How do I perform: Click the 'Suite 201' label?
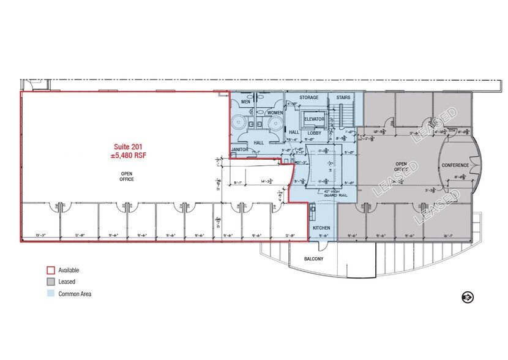tap(130, 146)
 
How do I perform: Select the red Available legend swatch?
tap(51, 270)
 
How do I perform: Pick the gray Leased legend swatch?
tap(51, 282)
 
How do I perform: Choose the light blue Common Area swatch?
tap(51, 294)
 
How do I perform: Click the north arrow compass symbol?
tap(468, 297)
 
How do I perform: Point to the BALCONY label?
tap(315, 259)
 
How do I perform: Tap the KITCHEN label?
tap(322, 228)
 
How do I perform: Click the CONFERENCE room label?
tap(456, 165)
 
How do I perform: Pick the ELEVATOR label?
tap(313, 119)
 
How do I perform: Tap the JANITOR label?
tap(239, 149)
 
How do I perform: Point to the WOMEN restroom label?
tap(275, 113)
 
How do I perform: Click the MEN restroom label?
tap(245, 102)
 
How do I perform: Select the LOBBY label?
tap(314, 133)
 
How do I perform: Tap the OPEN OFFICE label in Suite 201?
tap(127, 176)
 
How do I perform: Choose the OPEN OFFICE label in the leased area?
tap(402, 167)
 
